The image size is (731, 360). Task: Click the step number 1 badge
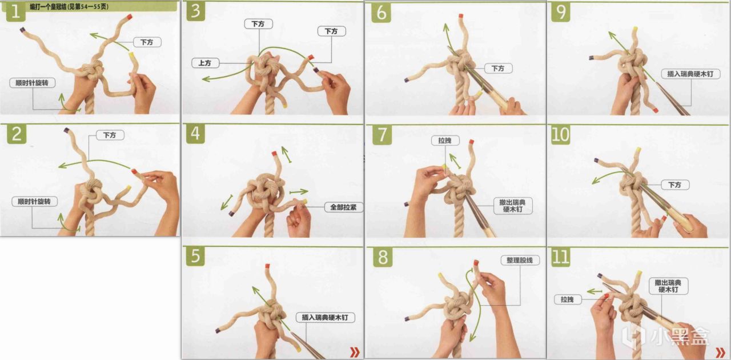pos(15,12)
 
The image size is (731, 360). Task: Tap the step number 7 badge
pos(382,135)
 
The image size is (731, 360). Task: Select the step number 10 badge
pos(560,135)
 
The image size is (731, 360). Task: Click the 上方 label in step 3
pos(205,63)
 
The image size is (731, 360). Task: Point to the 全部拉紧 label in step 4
pos(343,207)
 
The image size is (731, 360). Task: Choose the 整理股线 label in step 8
pos(520,261)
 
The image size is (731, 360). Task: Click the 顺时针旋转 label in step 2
pos(34,202)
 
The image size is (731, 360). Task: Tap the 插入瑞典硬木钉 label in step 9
pos(690,74)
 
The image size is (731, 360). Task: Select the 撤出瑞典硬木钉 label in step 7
pos(513,206)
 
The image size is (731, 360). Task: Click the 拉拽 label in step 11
pos(567,299)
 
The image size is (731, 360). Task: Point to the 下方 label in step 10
pos(675,185)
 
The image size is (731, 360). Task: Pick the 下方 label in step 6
pos(498,68)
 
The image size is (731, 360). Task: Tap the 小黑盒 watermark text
pos(680,337)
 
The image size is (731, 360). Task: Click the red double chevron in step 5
pos(355,352)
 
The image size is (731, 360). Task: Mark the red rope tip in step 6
pos(461,15)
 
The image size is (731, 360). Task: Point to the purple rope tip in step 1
pos(22,30)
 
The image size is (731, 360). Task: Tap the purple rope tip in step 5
pos(218,331)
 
